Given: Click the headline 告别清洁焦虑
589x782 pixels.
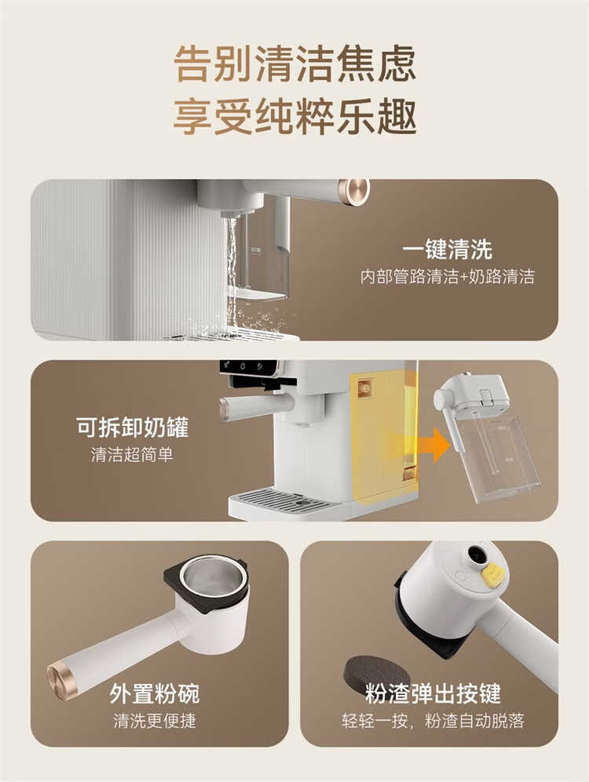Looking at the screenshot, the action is tap(294, 64).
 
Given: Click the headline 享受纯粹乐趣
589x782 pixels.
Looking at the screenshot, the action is tap(294, 116).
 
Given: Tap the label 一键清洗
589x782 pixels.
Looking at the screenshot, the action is tap(447, 249).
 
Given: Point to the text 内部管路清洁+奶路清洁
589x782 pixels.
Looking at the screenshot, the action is tap(447, 277).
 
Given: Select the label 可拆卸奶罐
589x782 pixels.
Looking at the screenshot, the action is tap(133, 427).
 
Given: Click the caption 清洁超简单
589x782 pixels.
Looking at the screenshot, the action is tap(132, 454).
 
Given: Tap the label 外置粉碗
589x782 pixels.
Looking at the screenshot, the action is tap(155, 693).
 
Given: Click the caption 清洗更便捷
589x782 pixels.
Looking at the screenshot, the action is tap(155, 721).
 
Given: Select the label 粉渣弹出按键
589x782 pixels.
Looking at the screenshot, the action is tap(433, 693).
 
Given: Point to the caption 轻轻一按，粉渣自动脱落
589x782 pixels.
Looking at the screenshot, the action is tap(433, 721).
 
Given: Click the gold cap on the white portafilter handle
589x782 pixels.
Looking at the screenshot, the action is tap(62, 682).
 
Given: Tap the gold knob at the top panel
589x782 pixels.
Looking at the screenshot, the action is tap(353, 191).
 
